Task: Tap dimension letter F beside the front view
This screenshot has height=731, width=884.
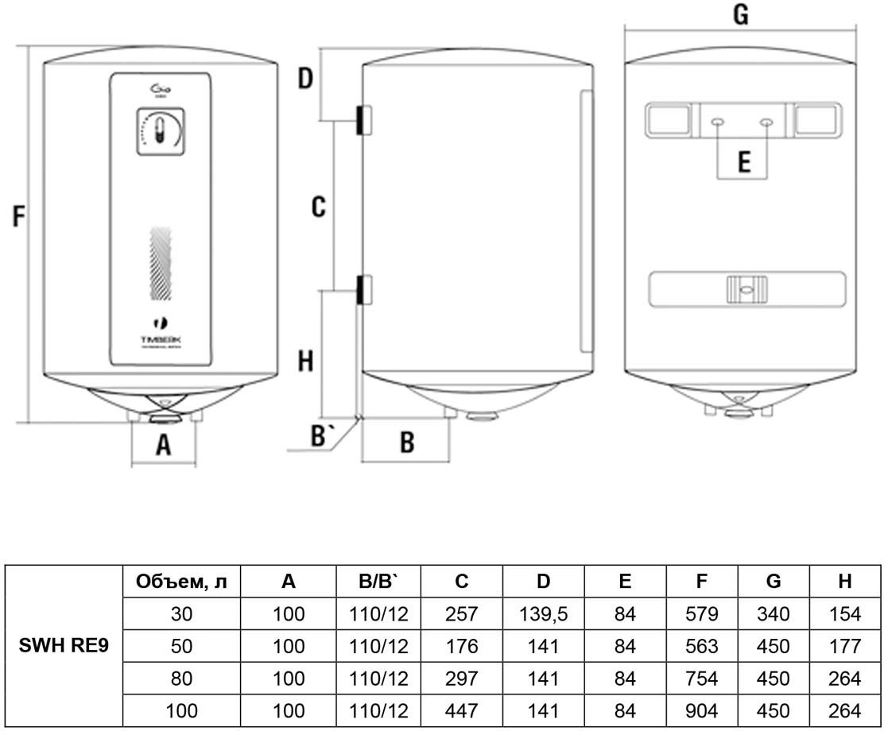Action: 19,216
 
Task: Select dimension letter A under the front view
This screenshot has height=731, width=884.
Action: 163,444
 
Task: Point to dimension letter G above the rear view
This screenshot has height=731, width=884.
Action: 740,15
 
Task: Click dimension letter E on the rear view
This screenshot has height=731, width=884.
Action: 743,162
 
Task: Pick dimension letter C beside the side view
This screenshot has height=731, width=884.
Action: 318,207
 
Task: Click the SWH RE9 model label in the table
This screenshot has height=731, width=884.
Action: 64,645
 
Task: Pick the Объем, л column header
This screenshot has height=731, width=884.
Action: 181,582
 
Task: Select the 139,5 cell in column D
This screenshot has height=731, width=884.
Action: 543,613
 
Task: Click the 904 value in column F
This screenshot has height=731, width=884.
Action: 700,710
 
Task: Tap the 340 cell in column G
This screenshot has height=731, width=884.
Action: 773,613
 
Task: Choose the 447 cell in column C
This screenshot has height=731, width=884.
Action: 462,710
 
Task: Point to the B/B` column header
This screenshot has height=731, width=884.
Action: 378,582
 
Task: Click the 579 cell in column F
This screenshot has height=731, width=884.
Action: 700,613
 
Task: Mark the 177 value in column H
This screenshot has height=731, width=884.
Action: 844,646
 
